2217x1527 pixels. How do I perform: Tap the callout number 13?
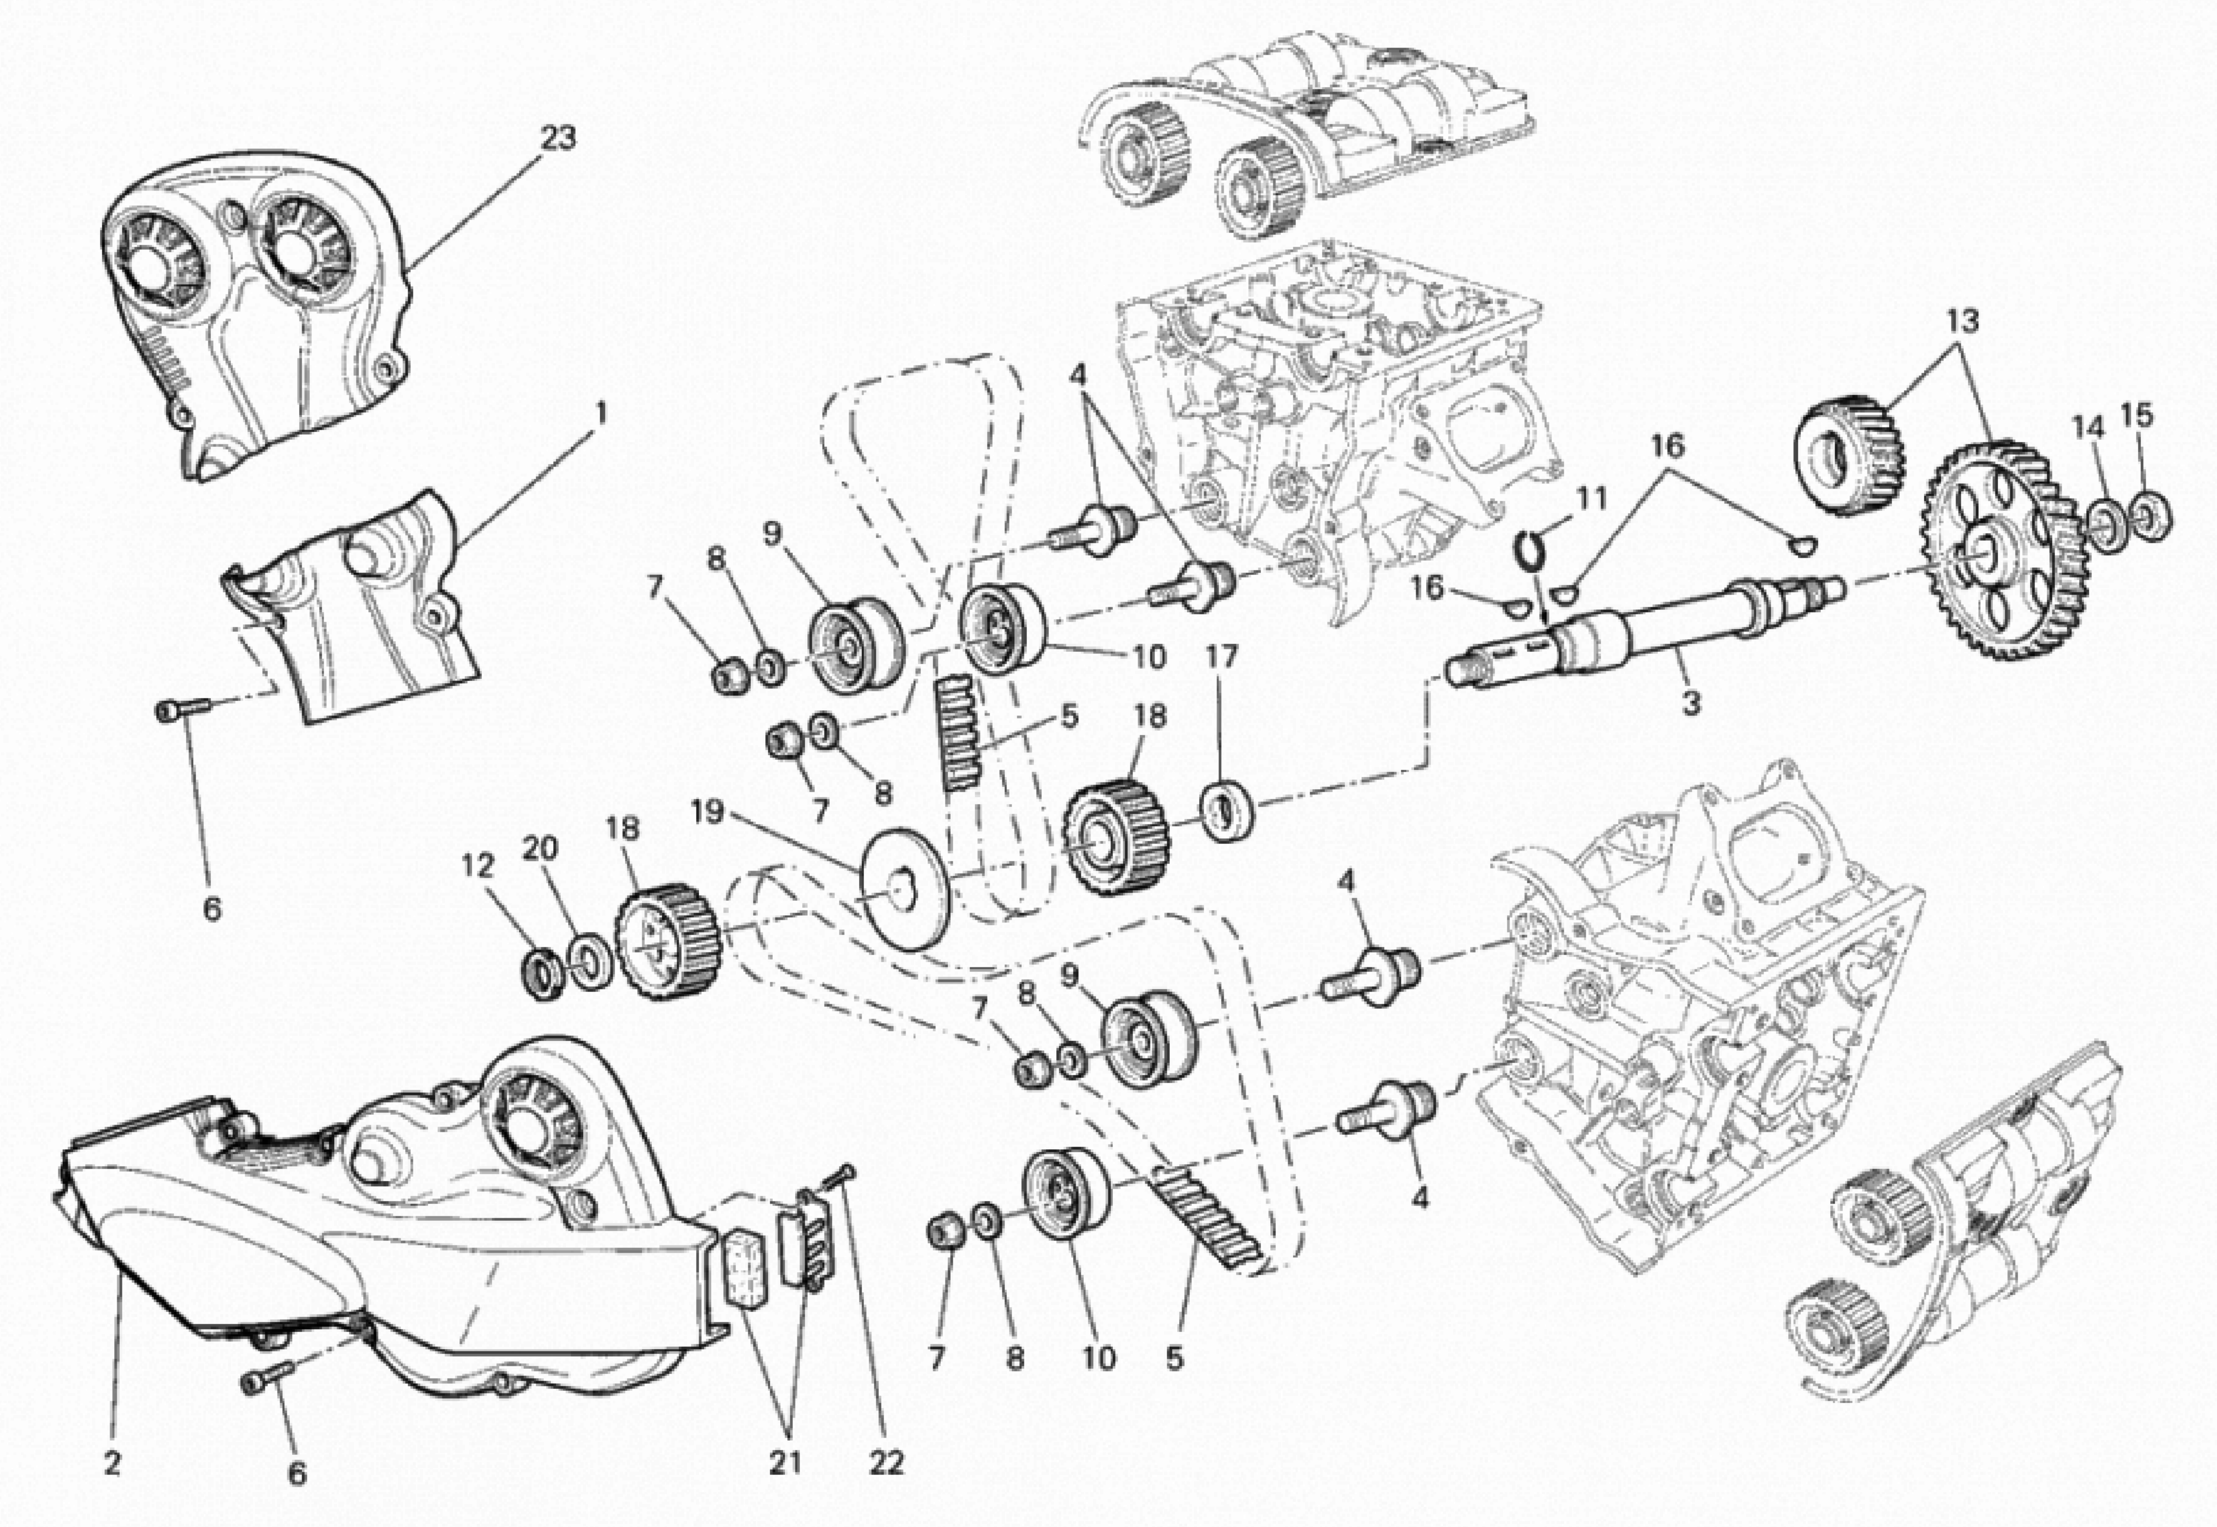pyautogui.click(x=1961, y=321)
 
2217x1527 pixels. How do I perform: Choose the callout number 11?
pyautogui.click(x=1591, y=498)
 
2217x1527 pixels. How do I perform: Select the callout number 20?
pyautogui.click(x=541, y=848)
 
